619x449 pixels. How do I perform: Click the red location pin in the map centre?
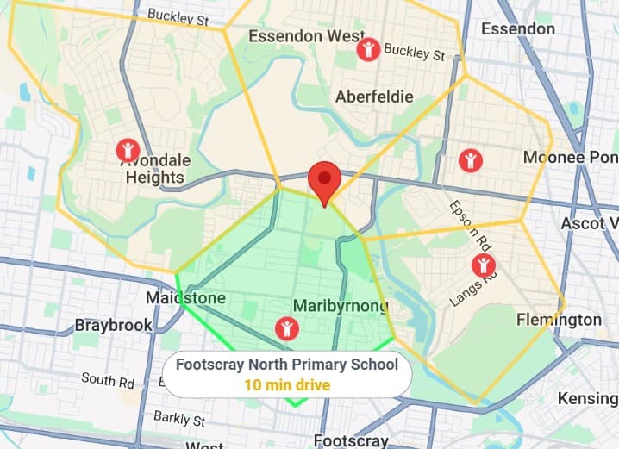[x=324, y=179]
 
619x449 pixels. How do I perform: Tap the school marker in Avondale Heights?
[x=128, y=151]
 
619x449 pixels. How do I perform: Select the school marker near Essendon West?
[x=368, y=49]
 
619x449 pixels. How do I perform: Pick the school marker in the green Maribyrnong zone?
[x=285, y=327]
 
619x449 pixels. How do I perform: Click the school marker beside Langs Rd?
[x=484, y=265]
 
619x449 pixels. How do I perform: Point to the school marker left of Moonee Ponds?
[x=470, y=159]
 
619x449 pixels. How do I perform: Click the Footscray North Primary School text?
[x=287, y=365]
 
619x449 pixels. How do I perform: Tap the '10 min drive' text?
[x=287, y=384]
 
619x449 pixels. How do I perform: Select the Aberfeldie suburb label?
[x=374, y=96]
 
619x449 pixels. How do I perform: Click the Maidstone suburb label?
[x=185, y=298]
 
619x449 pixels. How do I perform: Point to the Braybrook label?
[x=113, y=326]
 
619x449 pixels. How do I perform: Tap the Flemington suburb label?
[x=559, y=320]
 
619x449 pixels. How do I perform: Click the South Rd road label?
[x=108, y=379]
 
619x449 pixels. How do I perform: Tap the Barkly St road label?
[x=179, y=419]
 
